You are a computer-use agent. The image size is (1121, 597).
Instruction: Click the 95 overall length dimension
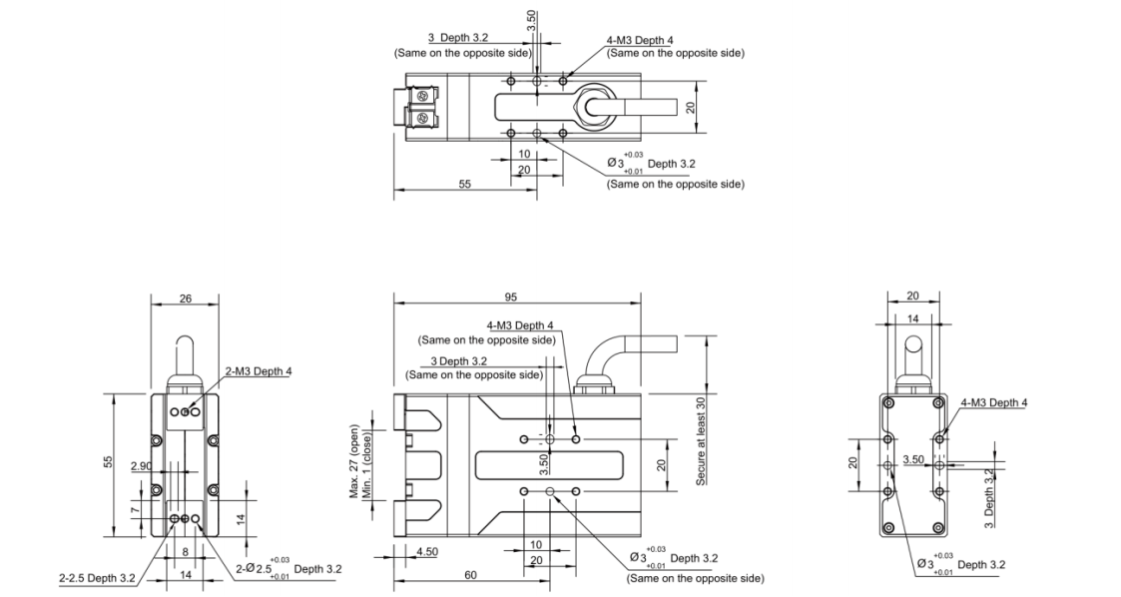click(511, 298)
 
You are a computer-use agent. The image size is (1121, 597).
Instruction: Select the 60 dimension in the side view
click(470, 575)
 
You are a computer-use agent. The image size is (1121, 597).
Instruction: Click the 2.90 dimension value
click(141, 468)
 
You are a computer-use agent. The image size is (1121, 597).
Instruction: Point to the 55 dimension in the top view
click(464, 186)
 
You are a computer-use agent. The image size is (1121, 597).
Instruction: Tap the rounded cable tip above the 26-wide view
click(185, 349)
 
